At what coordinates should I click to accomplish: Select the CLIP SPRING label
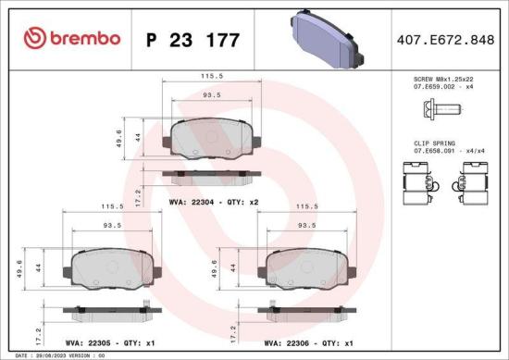tap(434, 143)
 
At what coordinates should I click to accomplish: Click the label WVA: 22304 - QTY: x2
tap(213, 200)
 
